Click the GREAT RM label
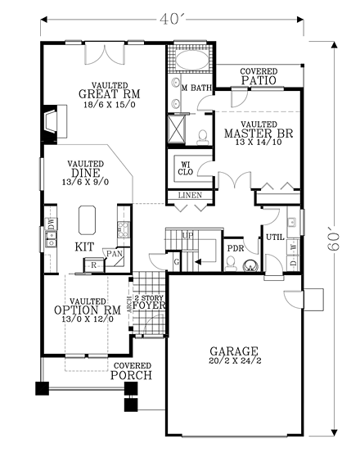[107, 93]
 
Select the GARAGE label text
[235, 346]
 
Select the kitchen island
[88, 220]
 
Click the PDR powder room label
[236, 248]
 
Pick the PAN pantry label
[115, 254]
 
